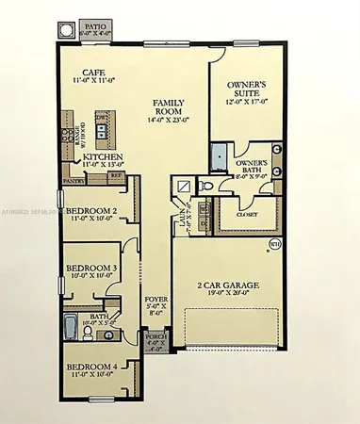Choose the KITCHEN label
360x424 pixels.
[x=99, y=159]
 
